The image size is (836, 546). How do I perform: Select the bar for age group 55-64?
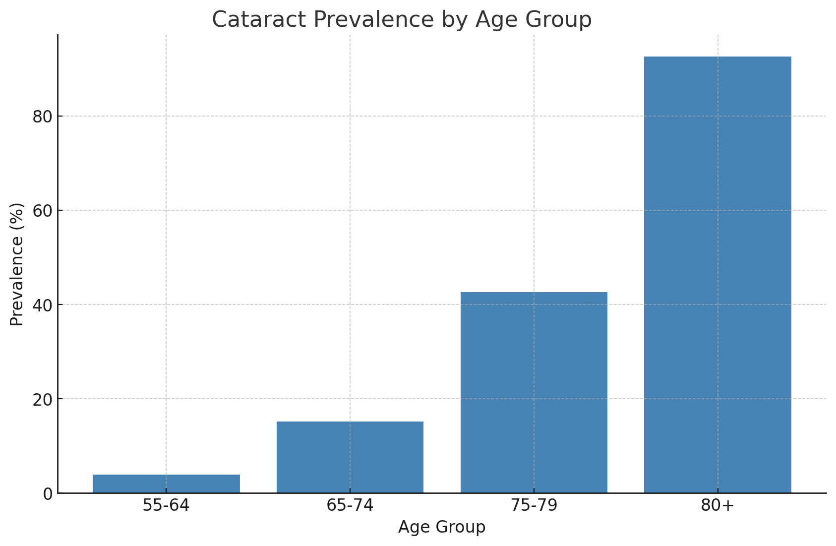pyautogui.click(x=166, y=484)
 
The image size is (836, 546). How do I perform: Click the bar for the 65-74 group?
pyautogui.click(x=350, y=457)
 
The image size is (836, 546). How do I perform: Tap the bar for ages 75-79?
pyautogui.click(x=534, y=392)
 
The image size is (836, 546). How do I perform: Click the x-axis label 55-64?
pyautogui.click(x=166, y=505)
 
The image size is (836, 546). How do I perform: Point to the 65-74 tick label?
pyautogui.click(x=350, y=505)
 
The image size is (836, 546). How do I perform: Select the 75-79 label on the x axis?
pyautogui.click(x=534, y=505)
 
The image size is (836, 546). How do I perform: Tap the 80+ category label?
pyautogui.click(x=717, y=505)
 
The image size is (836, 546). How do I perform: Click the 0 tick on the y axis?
pyautogui.click(x=48, y=494)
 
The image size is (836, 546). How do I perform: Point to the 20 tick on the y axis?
pyautogui.click(x=43, y=399)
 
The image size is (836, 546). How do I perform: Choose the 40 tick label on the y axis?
pyautogui.click(x=43, y=305)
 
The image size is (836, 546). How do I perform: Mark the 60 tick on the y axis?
pyautogui.click(x=43, y=211)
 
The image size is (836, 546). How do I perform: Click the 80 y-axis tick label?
pyautogui.click(x=43, y=117)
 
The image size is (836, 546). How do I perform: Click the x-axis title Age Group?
pyautogui.click(x=442, y=527)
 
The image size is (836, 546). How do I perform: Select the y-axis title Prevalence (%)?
pyautogui.click(x=17, y=264)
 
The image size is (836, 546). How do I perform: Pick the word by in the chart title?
pyautogui.click(x=455, y=20)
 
